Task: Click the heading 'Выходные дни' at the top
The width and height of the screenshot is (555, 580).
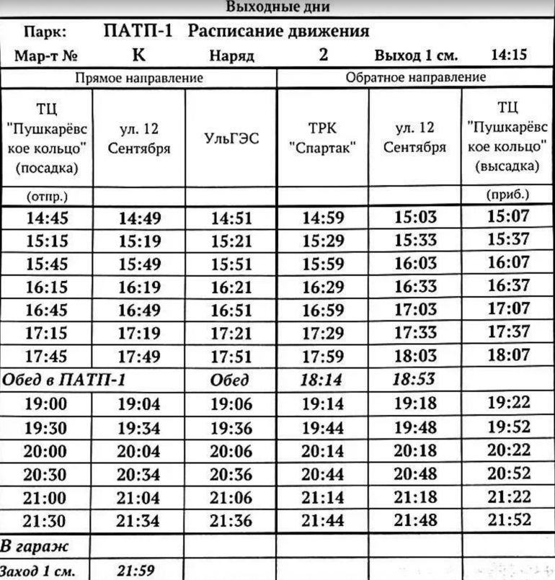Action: coord(277,8)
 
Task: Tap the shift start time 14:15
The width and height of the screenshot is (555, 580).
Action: coord(509,55)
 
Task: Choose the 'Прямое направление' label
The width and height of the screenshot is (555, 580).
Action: coord(140,77)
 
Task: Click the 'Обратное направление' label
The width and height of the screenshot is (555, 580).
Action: coord(416,77)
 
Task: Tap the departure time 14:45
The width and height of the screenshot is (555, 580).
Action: coord(47,218)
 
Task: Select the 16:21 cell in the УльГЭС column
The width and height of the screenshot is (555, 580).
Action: coord(231,287)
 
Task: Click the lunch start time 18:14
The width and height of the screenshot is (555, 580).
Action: coord(322,380)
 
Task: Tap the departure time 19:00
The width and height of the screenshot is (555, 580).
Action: coord(47,404)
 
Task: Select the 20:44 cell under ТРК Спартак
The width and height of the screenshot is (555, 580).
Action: coord(322,474)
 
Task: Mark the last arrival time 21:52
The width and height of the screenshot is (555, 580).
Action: coord(509,519)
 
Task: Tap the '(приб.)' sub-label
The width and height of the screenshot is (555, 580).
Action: coord(508,195)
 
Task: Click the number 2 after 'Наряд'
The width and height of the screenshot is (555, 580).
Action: coord(324,55)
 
